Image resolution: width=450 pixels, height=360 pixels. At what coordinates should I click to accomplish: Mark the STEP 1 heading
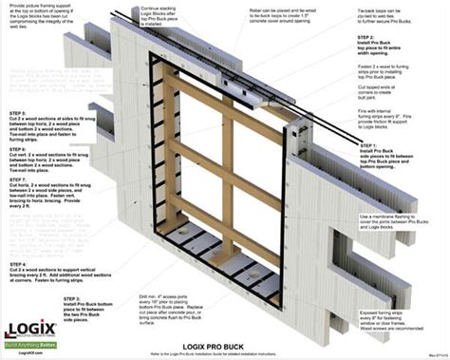[371, 143]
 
